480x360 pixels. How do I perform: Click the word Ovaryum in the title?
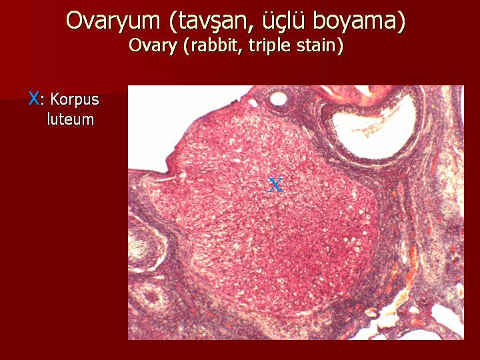click(x=113, y=21)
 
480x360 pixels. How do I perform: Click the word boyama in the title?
click(x=355, y=21)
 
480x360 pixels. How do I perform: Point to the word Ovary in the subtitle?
click(x=153, y=46)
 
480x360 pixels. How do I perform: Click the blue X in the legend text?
click(x=34, y=99)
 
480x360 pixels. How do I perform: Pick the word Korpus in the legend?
click(x=75, y=100)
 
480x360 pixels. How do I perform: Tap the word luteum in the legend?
click(x=71, y=119)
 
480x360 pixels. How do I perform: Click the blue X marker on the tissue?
click(x=275, y=185)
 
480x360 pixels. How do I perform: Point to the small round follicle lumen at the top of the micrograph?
click(x=279, y=99)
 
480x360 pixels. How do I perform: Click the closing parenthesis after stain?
click(x=340, y=47)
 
